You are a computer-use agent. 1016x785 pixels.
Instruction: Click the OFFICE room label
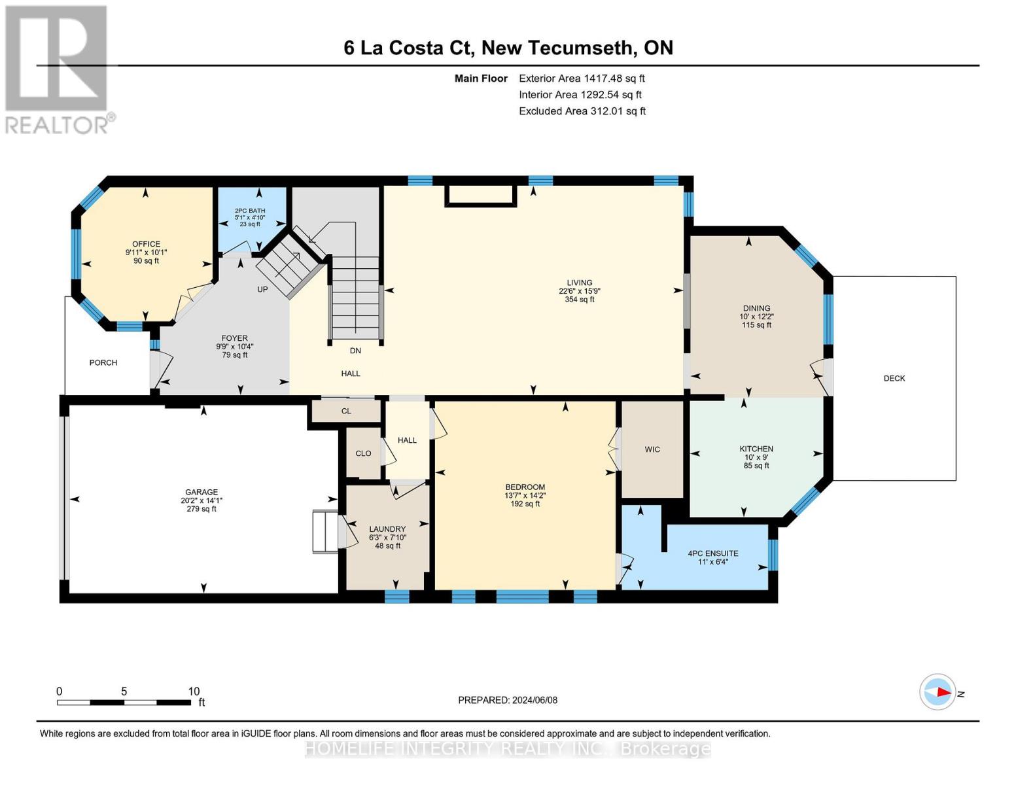click(x=146, y=244)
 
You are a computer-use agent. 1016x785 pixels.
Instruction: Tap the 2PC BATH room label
click(x=250, y=211)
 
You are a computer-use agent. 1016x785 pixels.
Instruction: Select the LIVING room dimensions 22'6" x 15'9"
click(x=579, y=291)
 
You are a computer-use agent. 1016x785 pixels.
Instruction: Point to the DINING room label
click(x=756, y=308)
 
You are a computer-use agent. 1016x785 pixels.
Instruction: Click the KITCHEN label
click(x=756, y=449)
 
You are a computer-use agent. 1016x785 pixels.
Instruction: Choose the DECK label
click(x=894, y=378)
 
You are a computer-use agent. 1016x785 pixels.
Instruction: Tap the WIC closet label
click(x=652, y=449)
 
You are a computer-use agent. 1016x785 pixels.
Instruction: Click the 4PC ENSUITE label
click(x=712, y=553)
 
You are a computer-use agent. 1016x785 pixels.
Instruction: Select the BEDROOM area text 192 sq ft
click(x=525, y=504)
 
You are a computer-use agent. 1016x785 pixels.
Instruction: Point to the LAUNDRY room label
click(x=387, y=529)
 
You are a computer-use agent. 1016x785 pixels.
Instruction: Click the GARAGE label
click(x=201, y=492)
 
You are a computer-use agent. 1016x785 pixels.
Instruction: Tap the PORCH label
click(x=103, y=362)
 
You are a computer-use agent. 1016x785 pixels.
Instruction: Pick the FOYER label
click(x=234, y=338)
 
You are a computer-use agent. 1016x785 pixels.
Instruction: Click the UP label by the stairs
click(x=262, y=289)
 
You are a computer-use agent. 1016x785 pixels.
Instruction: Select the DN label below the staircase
click(x=355, y=351)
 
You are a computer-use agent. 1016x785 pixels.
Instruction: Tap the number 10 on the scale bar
click(x=194, y=691)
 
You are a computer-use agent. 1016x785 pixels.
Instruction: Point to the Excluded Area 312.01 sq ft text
click(x=582, y=111)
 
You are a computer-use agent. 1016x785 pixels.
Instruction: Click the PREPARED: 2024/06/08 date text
click(x=508, y=700)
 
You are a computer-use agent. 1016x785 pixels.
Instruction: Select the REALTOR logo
click(x=58, y=69)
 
